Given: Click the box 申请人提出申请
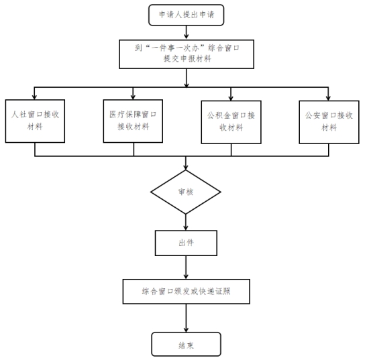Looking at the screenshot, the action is (187, 15).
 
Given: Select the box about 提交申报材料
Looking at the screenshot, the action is (187, 54).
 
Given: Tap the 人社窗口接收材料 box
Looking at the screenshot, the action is (35, 121).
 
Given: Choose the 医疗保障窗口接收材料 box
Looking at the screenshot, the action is (133, 121).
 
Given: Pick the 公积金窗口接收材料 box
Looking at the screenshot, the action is (231, 122).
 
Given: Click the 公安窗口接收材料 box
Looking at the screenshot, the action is (329, 122).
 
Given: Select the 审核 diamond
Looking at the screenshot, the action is (186, 192).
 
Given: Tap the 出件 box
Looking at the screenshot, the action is (187, 243).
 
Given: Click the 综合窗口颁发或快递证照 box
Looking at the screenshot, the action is (187, 292).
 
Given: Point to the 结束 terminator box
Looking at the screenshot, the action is (187, 344).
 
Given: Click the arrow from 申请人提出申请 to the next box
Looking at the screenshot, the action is (187, 32).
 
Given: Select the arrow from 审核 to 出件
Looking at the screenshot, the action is (186, 222).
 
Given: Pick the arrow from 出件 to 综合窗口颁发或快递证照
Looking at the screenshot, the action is (186, 267).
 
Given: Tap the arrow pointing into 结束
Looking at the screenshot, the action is (186, 318).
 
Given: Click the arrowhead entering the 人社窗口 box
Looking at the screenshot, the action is (34, 97).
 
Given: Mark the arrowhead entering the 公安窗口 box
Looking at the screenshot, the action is (328, 98).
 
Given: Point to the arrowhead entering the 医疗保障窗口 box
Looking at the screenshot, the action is (133, 97).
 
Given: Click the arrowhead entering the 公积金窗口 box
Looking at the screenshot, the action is (231, 98).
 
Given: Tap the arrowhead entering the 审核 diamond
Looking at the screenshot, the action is (186, 168).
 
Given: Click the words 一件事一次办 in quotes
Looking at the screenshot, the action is (175, 48).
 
